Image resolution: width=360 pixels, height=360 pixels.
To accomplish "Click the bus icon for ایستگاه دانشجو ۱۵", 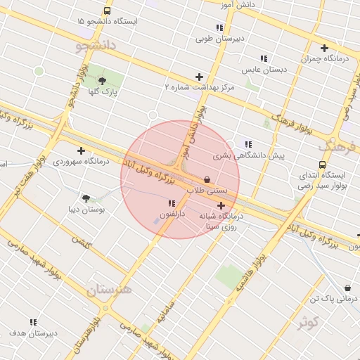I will tap(107, 11).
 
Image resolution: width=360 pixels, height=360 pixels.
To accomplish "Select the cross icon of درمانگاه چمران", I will tap(324, 49).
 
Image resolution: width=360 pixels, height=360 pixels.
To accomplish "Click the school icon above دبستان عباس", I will tap(264, 59).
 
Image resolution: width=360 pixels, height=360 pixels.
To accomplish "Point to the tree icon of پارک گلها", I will tap(103, 81).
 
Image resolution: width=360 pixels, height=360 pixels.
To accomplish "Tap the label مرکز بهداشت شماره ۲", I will tap(199, 87).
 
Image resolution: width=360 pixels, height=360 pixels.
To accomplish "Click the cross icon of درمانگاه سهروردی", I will tap(82, 150).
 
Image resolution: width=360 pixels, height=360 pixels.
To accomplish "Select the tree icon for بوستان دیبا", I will tap(86, 199).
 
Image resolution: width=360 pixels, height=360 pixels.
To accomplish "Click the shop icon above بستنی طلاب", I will tap(207, 179).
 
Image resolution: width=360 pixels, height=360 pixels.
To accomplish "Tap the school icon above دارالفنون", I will tap(172, 203).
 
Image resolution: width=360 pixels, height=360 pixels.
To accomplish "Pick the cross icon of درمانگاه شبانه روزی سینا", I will tap(221, 206).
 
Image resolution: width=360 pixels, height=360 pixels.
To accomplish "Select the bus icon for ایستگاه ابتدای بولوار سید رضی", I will tap(322, 165).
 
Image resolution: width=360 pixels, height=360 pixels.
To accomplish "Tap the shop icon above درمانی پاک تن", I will tap(348, 288).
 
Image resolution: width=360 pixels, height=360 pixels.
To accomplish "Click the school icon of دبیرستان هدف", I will tap(34, 322).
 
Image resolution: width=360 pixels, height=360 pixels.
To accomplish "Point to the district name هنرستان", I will tap(109, 289).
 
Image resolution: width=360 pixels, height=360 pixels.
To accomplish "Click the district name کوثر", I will tap(308, 323).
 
